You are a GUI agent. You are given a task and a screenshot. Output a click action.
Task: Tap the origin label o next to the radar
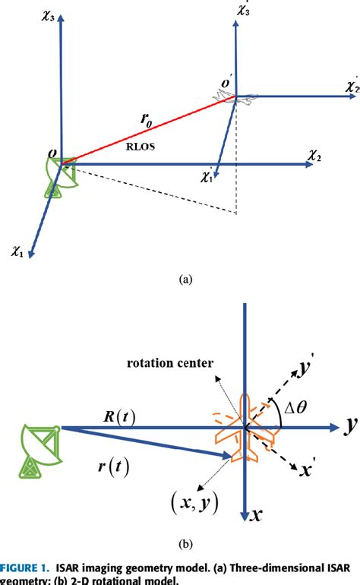click(52, 155)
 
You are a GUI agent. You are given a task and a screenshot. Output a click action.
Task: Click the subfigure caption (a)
click(184, 280)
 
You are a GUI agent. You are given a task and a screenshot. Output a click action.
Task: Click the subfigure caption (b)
click(184, 543)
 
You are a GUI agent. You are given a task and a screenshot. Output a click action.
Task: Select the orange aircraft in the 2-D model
click(245, 429)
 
